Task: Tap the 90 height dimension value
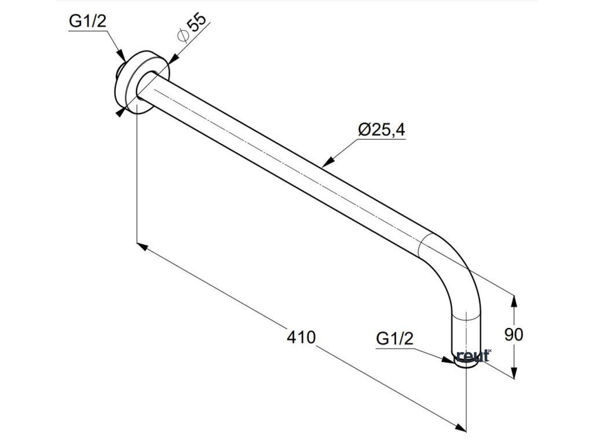514,335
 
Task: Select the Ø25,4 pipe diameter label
381,130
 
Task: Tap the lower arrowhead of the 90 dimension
514,373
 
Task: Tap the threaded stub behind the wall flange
119,72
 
